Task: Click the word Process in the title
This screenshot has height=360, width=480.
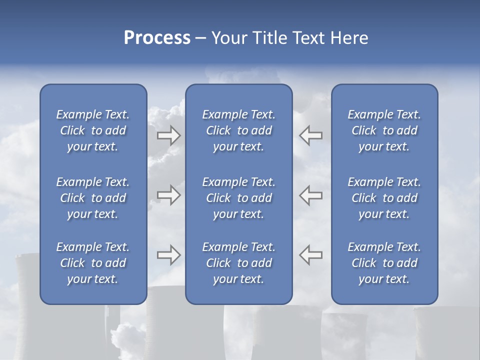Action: (157, 38)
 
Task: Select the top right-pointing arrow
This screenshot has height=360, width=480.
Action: (169, 135)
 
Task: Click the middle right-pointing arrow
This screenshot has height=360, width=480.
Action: (169, 195)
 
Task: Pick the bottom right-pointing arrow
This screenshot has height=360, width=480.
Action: (169, 255)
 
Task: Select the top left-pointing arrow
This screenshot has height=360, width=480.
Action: (310, 135)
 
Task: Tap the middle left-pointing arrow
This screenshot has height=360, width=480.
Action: (310, 195)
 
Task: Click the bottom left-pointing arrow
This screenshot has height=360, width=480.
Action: (310, 255)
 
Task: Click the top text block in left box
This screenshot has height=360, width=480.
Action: (93, 130)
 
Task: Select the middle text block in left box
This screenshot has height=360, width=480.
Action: (93, 198)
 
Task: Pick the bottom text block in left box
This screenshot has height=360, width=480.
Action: (93, 263)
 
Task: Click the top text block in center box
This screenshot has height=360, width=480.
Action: (238, 130)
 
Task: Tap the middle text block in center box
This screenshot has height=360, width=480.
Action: (238, 198)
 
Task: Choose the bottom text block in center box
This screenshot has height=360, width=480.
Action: (238, 263)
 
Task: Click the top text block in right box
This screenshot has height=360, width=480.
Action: (384, 130)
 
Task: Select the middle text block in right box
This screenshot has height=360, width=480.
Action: (384, 198)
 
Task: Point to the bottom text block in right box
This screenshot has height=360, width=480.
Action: (384, 263)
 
